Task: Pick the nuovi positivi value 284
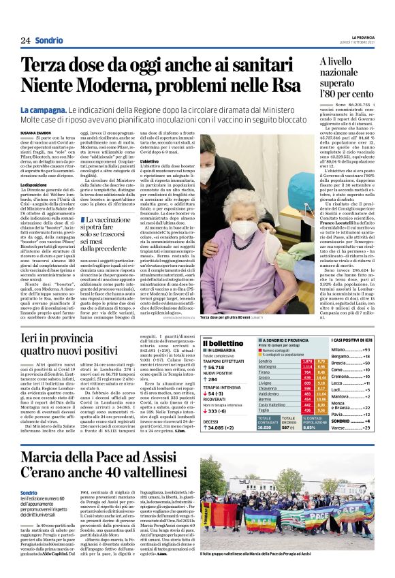pos(217,380)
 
